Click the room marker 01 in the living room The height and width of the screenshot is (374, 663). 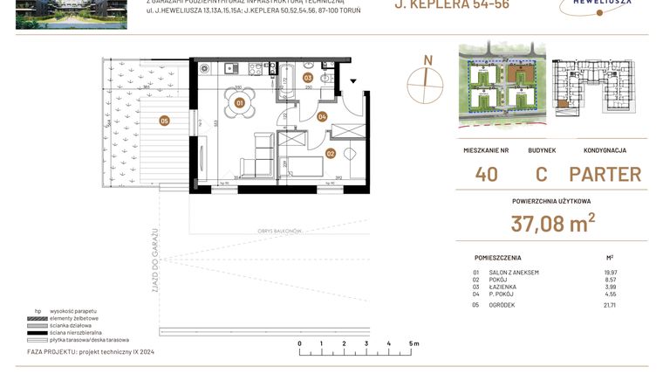point(238,103)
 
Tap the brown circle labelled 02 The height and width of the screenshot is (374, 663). point(331,153)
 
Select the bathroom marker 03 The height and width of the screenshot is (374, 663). point(308,78)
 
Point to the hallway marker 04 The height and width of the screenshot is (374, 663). point(322,116)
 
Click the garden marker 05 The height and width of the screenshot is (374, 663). point(164,121)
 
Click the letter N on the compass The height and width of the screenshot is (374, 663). point(427,59)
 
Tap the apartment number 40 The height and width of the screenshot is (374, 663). point(487,174)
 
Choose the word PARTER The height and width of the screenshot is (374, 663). point(605,174)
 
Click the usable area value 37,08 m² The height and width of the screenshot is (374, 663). point(553,225)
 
